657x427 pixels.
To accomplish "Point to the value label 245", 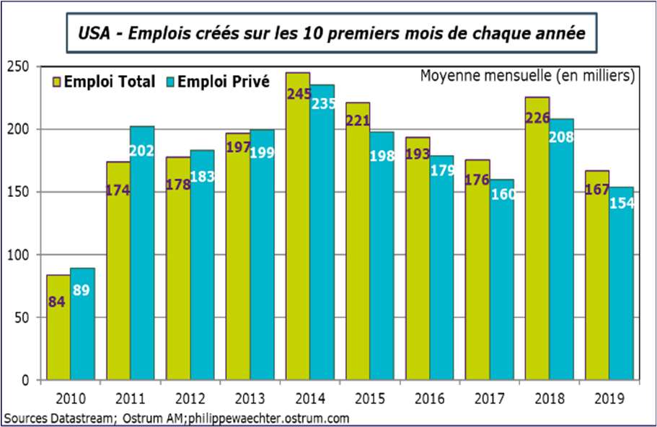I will pos(298,94).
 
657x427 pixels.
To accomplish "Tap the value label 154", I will pos(621,203).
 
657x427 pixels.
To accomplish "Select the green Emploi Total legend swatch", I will pos(57,82).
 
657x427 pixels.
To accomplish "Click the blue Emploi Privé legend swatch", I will pos(171,82).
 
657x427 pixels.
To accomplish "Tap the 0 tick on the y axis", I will pos(25,380).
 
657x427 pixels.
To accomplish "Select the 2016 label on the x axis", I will pos(429,397).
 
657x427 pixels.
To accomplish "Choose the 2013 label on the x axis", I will pos(250,397).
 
